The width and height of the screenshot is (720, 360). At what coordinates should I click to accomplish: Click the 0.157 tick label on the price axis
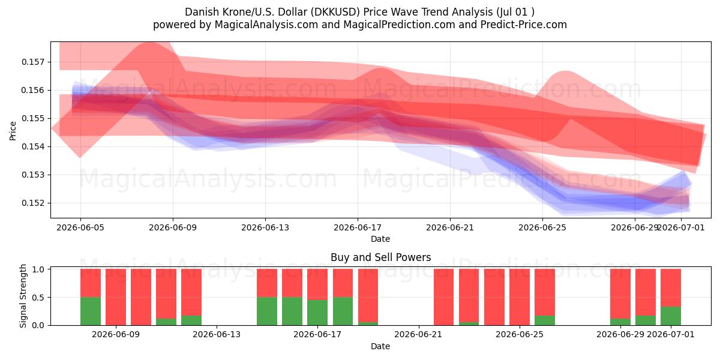(x=32, y=62)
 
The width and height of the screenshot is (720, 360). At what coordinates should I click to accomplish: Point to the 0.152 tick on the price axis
(x=32, y=203)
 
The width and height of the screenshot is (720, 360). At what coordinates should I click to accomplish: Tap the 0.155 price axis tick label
(x=32, y=118)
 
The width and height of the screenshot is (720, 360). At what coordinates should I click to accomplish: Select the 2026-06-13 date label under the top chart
(x=265, y=227)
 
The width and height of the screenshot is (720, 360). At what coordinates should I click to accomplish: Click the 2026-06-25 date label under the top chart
(x=542, y=227)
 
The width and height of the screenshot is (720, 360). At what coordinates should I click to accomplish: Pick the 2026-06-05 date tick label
(x=80, y=227)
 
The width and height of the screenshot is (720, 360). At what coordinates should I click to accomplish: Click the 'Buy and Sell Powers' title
(x=380, y=257)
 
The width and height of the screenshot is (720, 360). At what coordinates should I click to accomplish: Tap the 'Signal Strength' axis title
(x=23, y=296)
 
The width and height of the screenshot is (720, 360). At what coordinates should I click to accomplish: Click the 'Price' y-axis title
(x=13, y=131)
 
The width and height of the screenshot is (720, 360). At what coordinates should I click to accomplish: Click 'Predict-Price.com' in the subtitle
(x=524, y=25)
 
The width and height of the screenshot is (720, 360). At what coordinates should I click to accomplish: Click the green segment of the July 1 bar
(x=671, y=316)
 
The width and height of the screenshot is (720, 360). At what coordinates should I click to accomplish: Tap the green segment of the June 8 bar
(x=91, y=311)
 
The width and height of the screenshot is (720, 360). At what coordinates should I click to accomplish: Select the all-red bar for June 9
(x=116, y=297)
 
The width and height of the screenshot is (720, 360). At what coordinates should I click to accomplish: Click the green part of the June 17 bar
(x=317, y=313)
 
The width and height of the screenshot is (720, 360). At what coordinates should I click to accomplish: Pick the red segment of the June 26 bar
(x=545, y=292)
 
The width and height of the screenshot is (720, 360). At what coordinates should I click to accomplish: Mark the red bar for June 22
(x=443, y=297)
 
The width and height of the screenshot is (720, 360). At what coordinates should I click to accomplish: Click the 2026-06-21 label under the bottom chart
(x=418, y=334)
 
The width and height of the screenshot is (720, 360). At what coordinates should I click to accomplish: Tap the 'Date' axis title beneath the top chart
(x=380, y=239)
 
